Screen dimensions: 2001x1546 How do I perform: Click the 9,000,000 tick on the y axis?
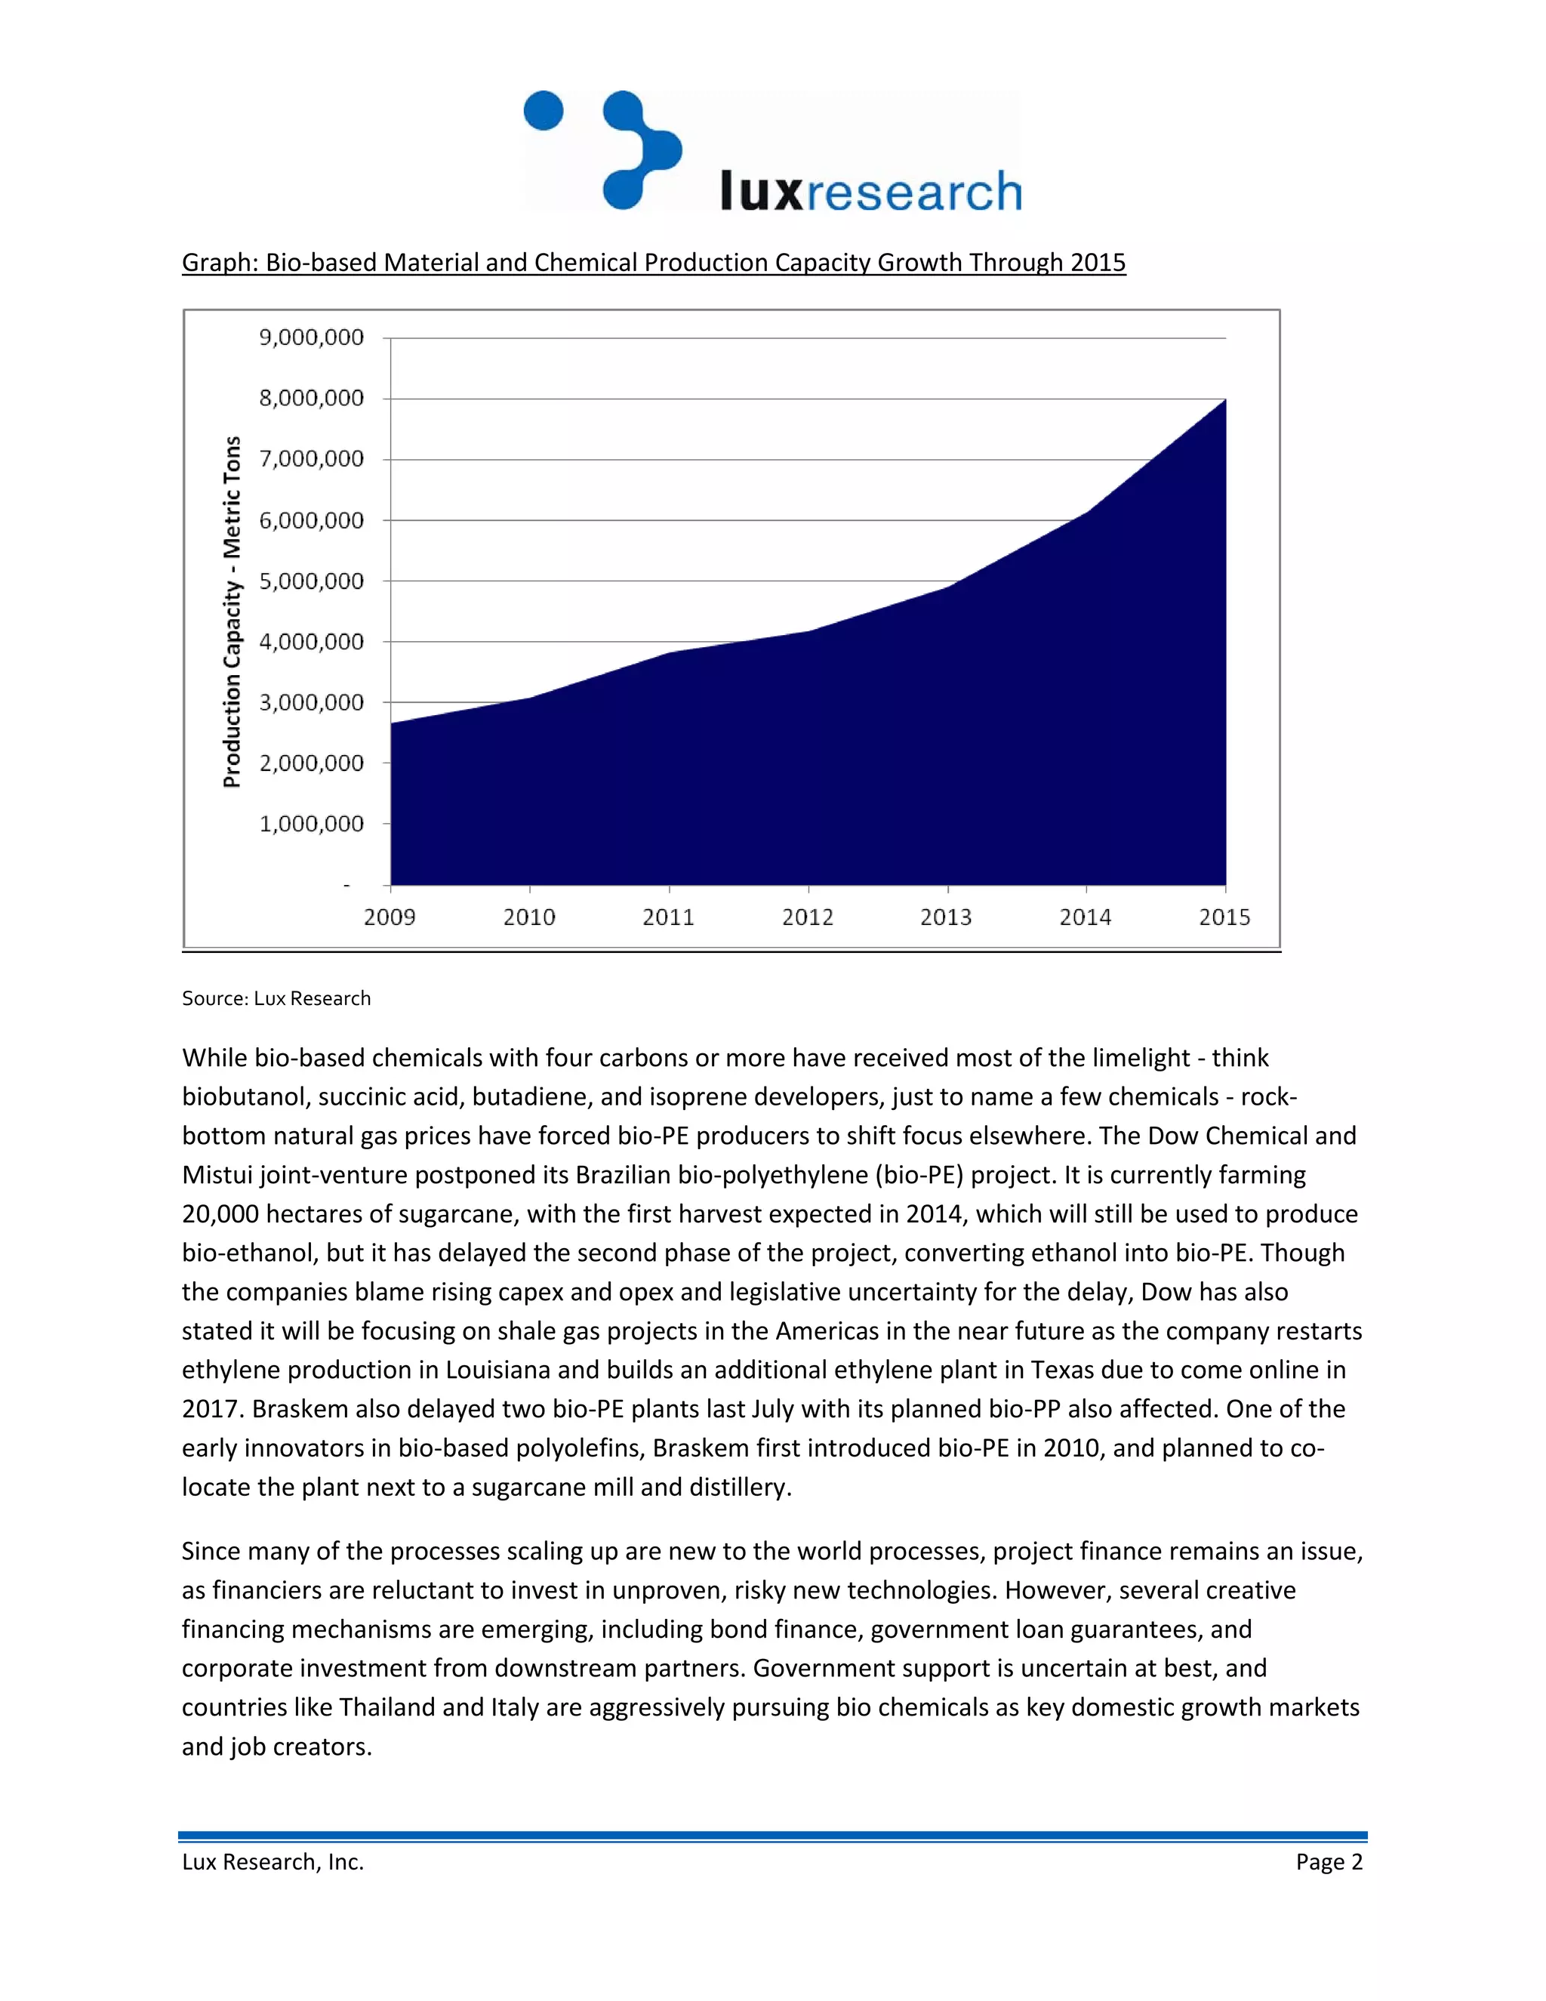click(312, 338)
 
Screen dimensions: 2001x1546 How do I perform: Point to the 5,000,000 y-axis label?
click(312, 581)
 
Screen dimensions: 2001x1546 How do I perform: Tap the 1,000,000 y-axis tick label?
click(312, 824)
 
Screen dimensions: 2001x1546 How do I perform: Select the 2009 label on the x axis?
click(390, 917)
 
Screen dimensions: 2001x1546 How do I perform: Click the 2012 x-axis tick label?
click(808, 917)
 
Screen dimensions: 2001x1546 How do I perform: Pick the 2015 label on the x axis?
click(1224, 917)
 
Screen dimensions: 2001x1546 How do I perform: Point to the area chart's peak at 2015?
click(1224, 400)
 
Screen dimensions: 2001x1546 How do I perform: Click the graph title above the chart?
click(653, 263)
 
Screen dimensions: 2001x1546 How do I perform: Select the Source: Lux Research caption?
click(276, 999)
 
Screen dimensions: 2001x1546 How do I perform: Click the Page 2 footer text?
click(1329, 1862)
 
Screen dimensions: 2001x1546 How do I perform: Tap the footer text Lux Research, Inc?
click(273, 1862)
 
